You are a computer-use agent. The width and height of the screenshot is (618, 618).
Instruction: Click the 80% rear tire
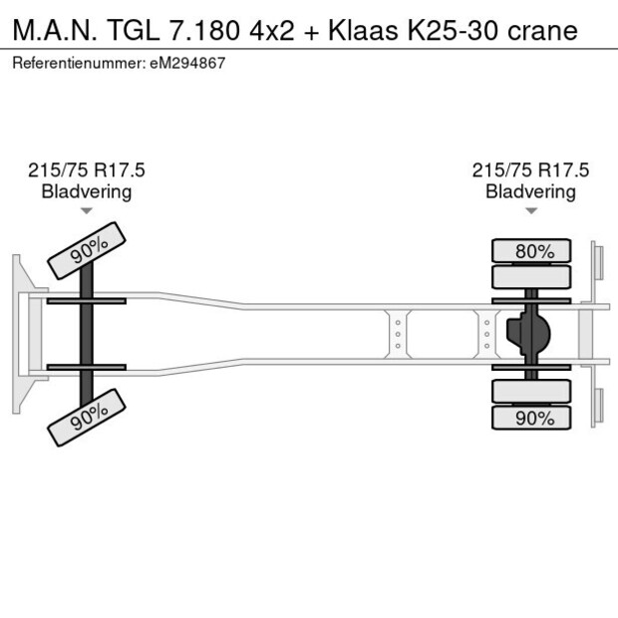coord(533,251)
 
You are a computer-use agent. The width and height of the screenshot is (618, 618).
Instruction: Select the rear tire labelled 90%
coord(533,418)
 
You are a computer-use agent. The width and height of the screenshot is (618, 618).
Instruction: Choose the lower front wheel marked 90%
coord(88,420)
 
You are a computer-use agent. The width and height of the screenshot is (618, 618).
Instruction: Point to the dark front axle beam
coord(87,334)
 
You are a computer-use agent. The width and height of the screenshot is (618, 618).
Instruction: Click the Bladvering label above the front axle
coord(87,191)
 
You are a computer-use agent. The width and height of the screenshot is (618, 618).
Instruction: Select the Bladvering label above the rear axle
coord(530,191)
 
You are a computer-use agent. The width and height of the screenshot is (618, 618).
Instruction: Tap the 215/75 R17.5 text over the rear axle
coord(530,170)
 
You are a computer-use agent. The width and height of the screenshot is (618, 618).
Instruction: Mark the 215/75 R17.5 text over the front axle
coord(87,170)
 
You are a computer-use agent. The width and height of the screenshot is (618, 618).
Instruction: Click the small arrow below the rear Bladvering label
coord(530,210)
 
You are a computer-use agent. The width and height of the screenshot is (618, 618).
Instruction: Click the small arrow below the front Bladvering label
coord(87,210)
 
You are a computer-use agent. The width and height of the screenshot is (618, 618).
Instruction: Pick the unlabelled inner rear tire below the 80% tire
coord(533,278)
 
